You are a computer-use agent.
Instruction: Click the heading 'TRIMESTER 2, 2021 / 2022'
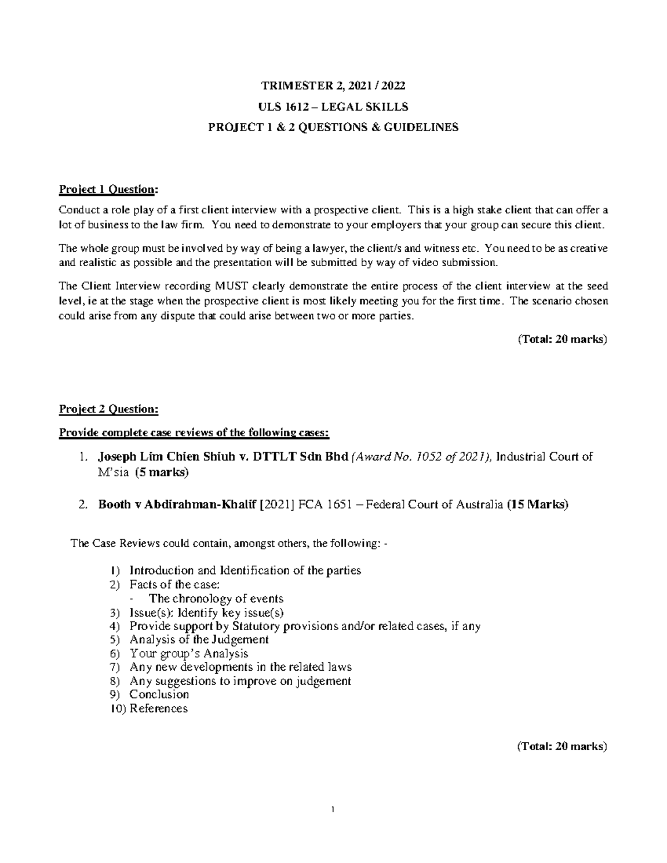pos(333,86)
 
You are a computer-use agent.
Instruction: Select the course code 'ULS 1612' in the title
pos(278,106)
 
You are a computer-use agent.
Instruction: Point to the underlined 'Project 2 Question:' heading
pos(108,410)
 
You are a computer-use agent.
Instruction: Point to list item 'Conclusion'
pos(159,695)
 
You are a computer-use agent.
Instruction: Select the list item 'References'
pos(158,709)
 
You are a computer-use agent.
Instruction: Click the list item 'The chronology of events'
pos(216,598)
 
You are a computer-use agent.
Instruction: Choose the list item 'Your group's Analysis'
pos(188,654)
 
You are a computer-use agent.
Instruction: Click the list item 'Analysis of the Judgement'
pos(198,640)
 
